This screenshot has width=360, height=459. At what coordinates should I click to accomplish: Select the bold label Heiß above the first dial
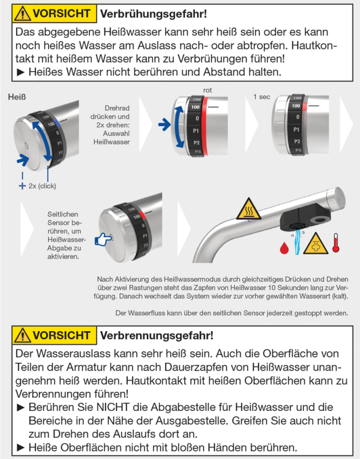point(17,98)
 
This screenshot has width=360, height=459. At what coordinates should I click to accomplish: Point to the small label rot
point(208,90)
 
